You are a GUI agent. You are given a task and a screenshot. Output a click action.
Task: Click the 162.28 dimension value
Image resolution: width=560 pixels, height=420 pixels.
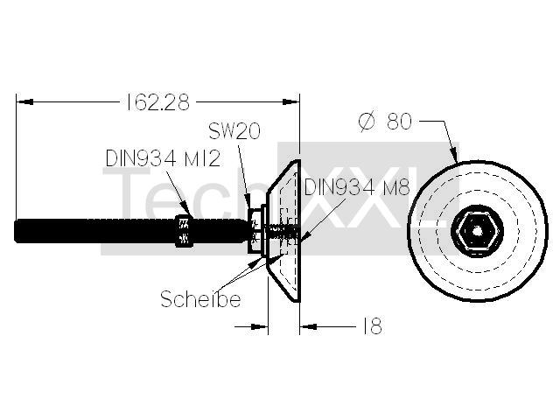[x=157, y=102]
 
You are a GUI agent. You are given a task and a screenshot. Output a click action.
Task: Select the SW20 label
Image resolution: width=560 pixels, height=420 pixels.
[x=234, y=131]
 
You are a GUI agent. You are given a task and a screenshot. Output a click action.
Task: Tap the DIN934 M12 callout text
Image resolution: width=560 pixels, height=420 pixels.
[x=164, y=158]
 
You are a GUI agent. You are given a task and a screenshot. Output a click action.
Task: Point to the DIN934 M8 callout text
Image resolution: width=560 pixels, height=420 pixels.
[x=357, y=186]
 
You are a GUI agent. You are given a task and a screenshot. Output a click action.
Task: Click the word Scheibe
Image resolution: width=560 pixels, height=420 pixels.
[x=200, y=299]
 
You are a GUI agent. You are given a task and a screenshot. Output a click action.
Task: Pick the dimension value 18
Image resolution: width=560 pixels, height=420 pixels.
[x=373, y=325]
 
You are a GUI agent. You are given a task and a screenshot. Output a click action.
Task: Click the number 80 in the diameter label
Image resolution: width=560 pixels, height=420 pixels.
[x=399, y=121]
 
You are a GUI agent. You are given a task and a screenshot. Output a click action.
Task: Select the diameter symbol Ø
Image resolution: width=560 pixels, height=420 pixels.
[x=367, y=122]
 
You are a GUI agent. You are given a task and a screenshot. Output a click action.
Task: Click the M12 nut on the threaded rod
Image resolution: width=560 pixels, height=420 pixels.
[x=185, y=231]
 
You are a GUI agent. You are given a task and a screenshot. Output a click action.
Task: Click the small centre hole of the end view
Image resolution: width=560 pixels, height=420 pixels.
[x=478, y=231]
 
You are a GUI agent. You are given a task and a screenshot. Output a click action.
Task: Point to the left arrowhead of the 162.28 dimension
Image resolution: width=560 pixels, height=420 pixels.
[x=25, y=102]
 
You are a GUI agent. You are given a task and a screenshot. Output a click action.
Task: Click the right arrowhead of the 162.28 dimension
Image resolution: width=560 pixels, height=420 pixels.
[x=290, y=102]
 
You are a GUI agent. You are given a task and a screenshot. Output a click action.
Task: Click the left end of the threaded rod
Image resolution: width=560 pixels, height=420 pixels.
[x=15, y=231]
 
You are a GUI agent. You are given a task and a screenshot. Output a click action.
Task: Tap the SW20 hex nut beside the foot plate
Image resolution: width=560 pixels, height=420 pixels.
[x=255, y=231]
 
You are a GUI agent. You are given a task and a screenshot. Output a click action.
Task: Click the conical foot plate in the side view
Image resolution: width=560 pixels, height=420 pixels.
[x=283, y=231]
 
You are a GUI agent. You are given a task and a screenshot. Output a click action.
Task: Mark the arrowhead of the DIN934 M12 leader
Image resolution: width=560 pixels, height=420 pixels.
[x=187, y=211]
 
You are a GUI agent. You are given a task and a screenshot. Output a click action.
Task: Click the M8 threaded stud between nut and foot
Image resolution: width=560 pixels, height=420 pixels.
[x=280, y=231]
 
